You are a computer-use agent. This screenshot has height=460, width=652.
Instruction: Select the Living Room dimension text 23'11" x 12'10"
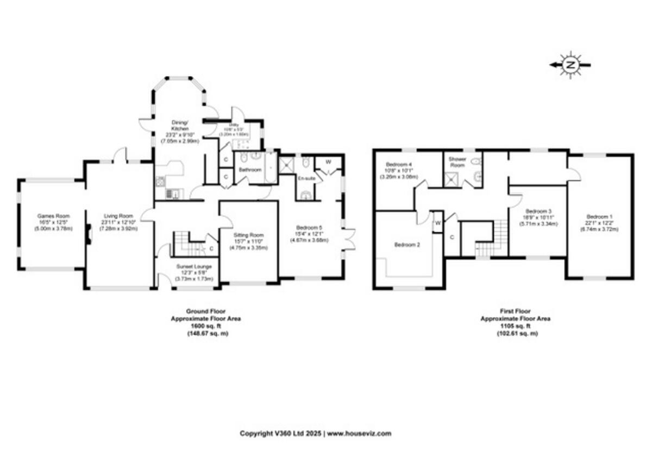pos(118,222)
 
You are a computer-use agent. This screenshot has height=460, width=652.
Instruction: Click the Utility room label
pos(233,125)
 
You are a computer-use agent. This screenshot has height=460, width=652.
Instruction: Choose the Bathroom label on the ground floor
pos(250,170)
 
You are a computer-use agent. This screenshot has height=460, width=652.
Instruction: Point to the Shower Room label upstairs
pos(457,162)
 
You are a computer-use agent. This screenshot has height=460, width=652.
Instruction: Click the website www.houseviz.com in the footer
pos(359,433)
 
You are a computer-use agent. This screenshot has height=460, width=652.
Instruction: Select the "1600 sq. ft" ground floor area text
pos(205,327)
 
